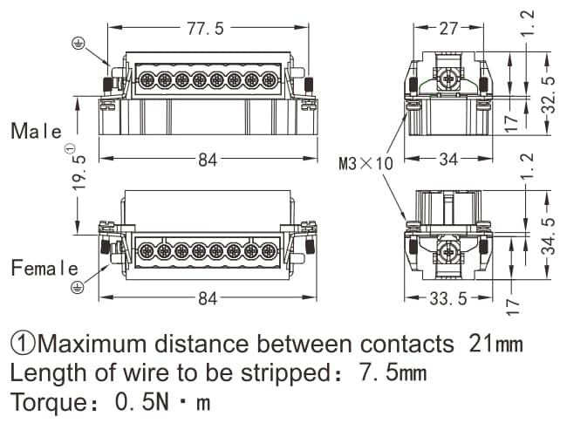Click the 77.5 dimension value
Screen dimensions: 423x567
(206, 28)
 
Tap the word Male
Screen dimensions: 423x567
(37, 132)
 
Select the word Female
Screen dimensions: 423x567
(44, 269)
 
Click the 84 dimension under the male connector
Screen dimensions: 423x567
(208, 160)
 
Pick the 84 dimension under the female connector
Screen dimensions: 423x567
(208, 298)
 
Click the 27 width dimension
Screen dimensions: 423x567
(448, 28)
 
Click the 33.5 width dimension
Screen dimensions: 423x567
(449, 298)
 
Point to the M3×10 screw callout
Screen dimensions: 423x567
(366, 163)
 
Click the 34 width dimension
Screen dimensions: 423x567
(448, 160)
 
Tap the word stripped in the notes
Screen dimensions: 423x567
(272, 374)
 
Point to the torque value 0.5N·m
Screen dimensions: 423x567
(166, 405)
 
